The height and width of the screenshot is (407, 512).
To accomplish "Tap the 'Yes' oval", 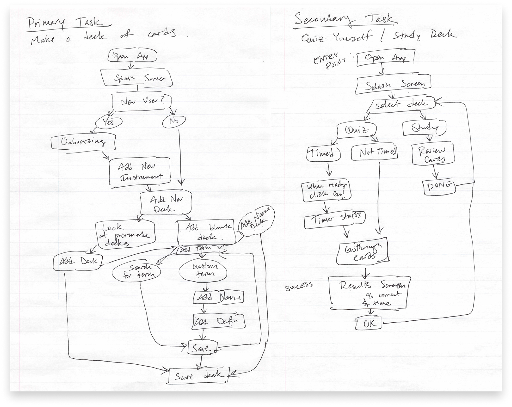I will point(109,122).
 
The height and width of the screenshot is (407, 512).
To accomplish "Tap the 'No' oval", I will point(174,121).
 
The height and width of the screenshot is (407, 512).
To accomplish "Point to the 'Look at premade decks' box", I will point(125,235).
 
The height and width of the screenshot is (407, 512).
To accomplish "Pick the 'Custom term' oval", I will point(203,271).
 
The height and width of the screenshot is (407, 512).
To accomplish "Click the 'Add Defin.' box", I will point(219,321).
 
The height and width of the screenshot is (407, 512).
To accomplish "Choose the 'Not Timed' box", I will point(374,153).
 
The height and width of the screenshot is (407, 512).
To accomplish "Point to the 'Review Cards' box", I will point(432,155).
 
